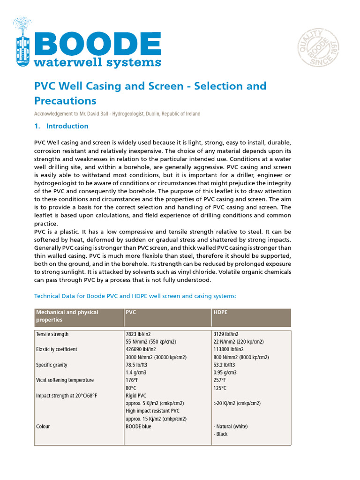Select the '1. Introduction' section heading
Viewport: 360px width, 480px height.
62,126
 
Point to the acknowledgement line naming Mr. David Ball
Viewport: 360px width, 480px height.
117,114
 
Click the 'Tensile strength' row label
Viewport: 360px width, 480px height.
52,334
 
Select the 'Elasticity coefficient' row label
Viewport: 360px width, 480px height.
57,349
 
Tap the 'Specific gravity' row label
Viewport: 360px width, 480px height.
52,365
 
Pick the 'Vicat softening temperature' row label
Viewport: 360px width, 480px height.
65,380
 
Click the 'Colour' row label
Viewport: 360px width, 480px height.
43,427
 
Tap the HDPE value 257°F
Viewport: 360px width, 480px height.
220,380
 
